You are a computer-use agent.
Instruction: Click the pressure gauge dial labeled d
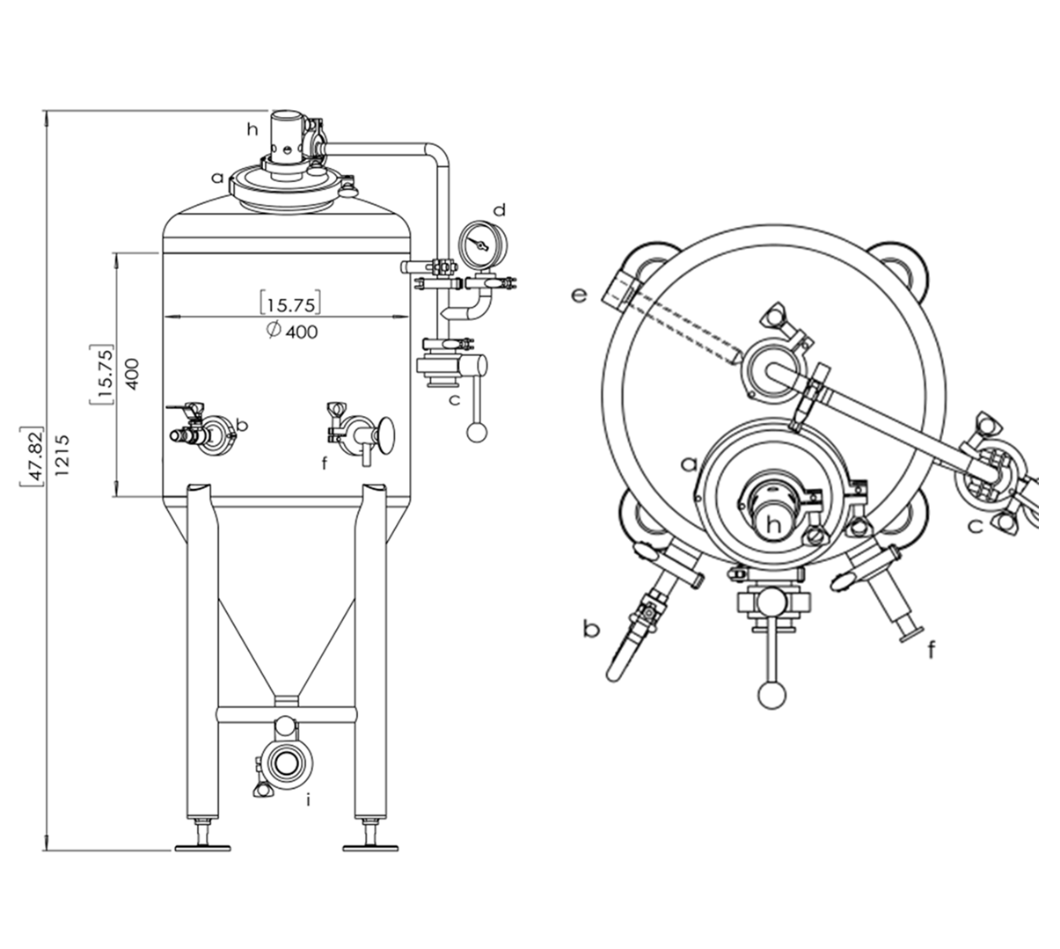pyautogui.click(x=483, y=245)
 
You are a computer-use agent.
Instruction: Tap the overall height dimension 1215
pyautogui.click(x=62, y=455)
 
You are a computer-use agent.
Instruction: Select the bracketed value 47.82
pyautogui.click(x=33, y=456)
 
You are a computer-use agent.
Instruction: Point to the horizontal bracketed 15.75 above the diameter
pyautogui.click(x=291, y=304)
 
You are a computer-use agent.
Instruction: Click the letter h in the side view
pyautogui.click(x=252, y=129)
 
